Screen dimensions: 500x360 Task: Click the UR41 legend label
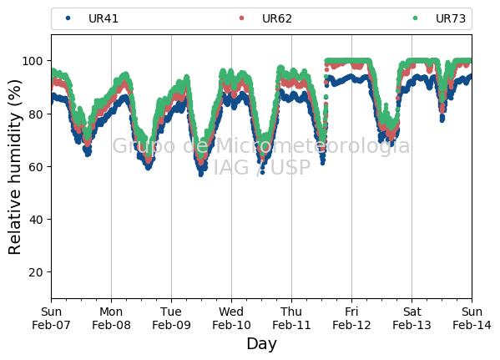[x=104, y=19]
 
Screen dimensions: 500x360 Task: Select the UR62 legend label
[x=277, y=19]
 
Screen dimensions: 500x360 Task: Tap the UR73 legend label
[x=451, y=19]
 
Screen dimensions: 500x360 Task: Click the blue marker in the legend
[x=68, y=18]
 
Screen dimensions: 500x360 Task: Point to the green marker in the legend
[x=415, y=18]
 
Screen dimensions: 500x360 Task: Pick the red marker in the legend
[x=241, y=18]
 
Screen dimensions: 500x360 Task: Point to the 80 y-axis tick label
[x=35, y=114]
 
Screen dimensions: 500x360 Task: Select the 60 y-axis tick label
[x=35, y=167]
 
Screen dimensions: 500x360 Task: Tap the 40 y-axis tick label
[x=35, y=220]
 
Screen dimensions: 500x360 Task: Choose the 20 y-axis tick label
[x=35, y=272]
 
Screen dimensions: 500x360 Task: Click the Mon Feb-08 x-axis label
[x=111, y=318]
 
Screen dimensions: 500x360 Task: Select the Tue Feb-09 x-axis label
[x=171, y=318]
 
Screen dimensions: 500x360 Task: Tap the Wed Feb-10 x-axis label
[x=231, y=318]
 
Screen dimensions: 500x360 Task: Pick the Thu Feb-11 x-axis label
[x=291, y=318]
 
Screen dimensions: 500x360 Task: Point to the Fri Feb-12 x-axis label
[x=351, y=318]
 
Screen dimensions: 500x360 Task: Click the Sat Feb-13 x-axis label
[x=412, y=318]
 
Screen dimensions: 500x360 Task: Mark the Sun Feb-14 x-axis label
[x=472, y=318]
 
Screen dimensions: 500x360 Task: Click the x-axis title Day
[x=262, y=344]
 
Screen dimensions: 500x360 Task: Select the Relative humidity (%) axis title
[x=15, y=167]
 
